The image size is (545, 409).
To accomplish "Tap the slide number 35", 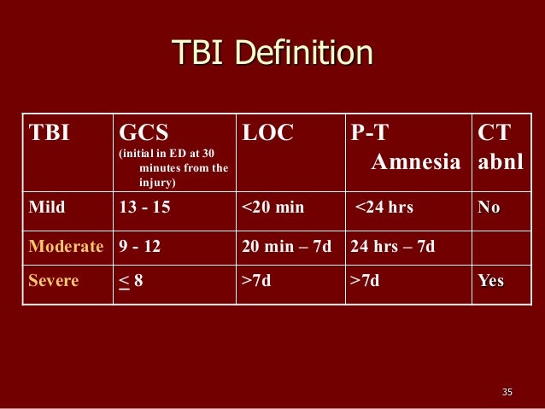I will click(x=507, y=392).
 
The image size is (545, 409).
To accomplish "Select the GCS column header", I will click(x=144, y=132).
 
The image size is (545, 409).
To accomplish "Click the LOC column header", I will click(x=267, y=132).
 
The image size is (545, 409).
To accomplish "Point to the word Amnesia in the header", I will click(x=416, y=161).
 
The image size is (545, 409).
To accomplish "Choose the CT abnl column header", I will click(x=500, y=146).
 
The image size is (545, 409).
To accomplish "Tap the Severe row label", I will click(x=54, y=280).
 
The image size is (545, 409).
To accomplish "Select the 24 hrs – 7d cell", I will click(x=392, y=247).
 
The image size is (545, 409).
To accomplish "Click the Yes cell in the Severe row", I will click(x=491, y=280).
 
